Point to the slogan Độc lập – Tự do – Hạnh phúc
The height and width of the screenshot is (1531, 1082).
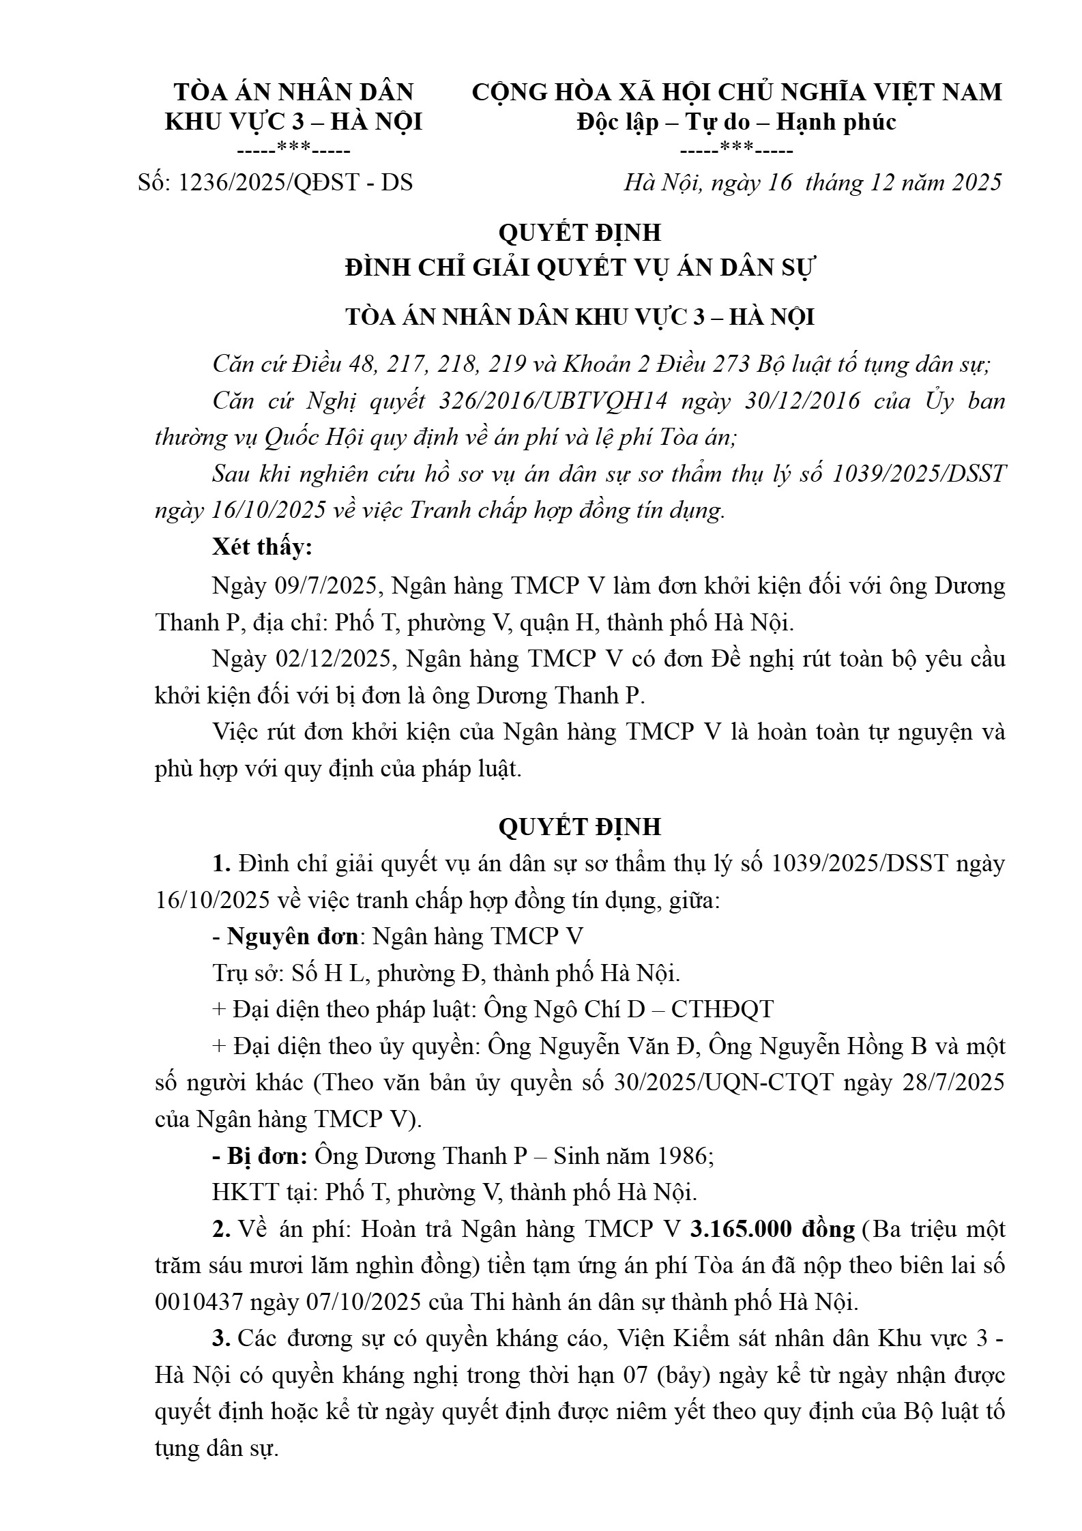[736, 121]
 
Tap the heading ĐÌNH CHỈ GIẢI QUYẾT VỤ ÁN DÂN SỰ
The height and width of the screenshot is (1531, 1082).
[579, 268]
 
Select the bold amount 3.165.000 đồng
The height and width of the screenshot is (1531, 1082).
[772, 1229]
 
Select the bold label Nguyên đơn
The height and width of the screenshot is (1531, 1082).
[293, 936]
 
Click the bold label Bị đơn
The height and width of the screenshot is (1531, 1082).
[267, 1156]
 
